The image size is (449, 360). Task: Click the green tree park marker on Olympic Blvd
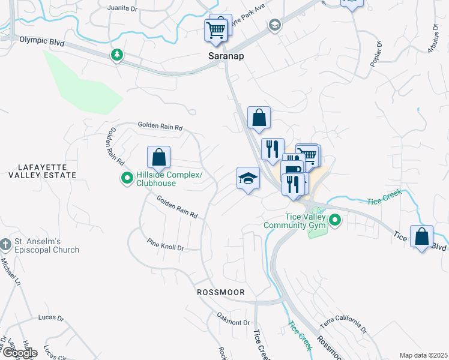coord(117,55)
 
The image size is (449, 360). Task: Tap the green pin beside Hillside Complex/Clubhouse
coord(127,179)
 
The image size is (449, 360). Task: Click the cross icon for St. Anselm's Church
coord(5,245)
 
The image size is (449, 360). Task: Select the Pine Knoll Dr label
coord(165,244)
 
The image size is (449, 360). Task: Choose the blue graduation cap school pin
coord(248,179)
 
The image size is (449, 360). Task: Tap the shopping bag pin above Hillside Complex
coord(158,158)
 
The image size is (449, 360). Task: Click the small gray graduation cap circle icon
coord(275,25)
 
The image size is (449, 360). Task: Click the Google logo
coord(19,353)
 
